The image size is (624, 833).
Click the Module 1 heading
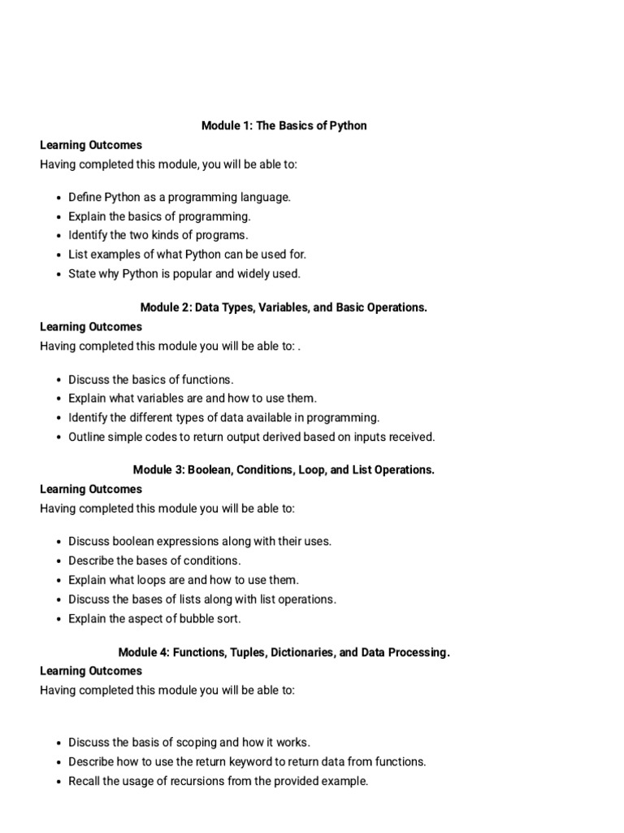(284, 125)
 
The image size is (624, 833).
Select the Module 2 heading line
(284, 307)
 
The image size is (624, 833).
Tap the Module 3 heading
(284, 469)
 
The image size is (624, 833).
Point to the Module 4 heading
(284, 652)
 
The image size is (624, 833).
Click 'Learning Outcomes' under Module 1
(91, 145)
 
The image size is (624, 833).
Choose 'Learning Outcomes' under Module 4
(91, 671)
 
